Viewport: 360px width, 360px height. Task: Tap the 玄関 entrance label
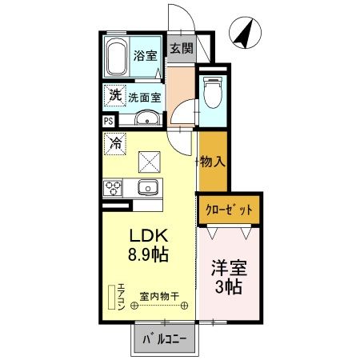click(x=182, y=48)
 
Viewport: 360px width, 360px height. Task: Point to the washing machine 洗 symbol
click(x=115, y=94)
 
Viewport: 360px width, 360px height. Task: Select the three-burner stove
click(x=113, y=188)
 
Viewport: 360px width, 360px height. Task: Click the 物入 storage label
click(x=214, y=161)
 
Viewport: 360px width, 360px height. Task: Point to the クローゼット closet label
click(x=229, y=209)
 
